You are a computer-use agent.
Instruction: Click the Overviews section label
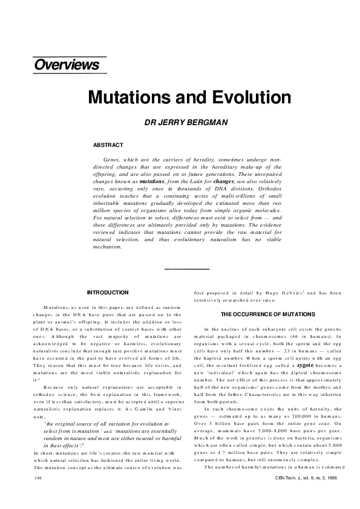tap(67, 65)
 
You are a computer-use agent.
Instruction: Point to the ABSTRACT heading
tap(108, 145)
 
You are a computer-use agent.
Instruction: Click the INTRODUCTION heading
tap(108, 293)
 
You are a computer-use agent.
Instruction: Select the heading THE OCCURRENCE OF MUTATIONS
tap(267, 315)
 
